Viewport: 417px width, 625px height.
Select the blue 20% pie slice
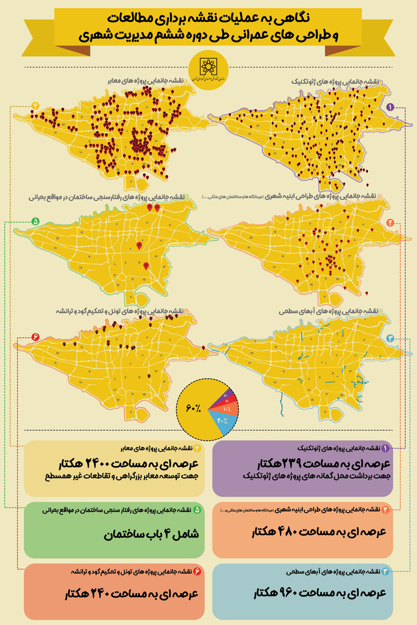(x=224, y=422)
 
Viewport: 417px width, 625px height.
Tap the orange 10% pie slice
(x=226, y=408)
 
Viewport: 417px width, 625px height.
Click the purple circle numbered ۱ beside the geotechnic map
(x=390, y=107)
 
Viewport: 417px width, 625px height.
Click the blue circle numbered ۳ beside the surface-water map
(x=390, y=338)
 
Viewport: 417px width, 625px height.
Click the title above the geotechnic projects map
(x=337, y=82)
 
